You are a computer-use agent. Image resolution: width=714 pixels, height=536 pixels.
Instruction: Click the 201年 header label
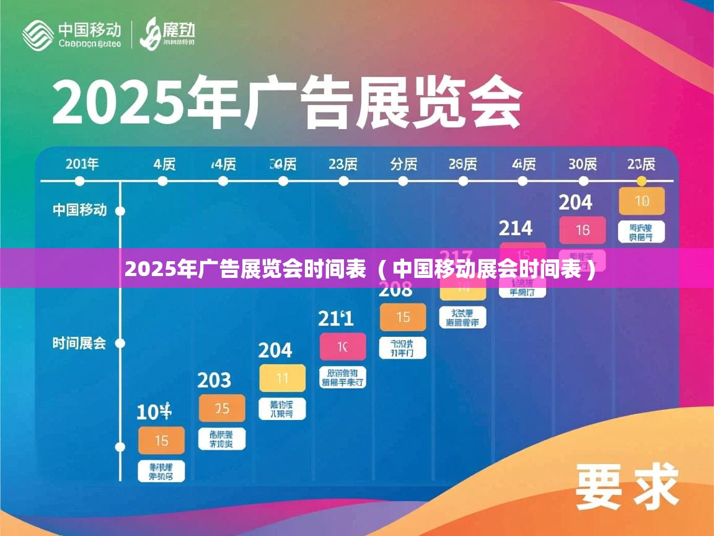tap(82, 164)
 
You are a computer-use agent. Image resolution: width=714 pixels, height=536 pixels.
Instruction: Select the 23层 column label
tap(343, 164)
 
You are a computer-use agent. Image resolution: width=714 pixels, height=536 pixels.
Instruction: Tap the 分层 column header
tap(403, 164)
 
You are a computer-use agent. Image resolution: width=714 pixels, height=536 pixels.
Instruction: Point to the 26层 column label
tap(462, 164)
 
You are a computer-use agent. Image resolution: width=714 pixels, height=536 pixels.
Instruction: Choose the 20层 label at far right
tap(641, 164)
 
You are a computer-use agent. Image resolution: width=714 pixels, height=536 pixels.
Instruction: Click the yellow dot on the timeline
tap(641, 181)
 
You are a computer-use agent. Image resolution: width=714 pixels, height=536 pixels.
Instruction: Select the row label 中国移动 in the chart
tap(79, 210)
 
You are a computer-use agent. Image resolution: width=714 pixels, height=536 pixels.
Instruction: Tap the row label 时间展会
tap(79, 343)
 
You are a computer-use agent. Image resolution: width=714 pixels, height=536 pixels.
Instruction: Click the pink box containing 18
tap(582, 230)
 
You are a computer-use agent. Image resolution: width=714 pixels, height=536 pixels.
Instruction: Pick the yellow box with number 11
tap(283, 378)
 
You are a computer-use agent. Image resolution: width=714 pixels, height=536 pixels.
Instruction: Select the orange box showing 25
tap(222, 408)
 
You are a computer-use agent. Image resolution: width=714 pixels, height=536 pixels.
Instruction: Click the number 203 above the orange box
tap(214, 380)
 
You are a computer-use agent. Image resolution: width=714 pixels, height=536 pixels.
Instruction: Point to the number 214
tap(516, 228)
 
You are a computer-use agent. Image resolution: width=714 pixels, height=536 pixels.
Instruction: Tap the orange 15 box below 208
tap(403, 317)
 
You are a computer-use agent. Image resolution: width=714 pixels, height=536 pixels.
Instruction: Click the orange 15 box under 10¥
tap(161, 440)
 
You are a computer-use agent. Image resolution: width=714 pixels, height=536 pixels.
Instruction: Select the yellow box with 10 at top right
tap(641, 201)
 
